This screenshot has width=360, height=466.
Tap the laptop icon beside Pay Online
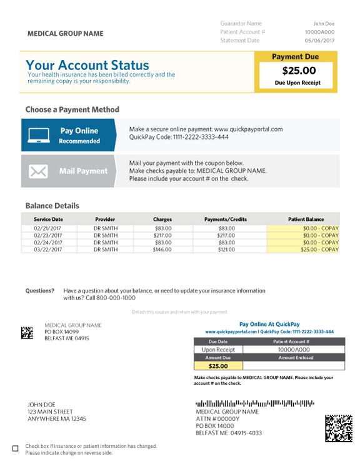(39, 135)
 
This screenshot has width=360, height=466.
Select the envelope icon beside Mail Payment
(39, 171)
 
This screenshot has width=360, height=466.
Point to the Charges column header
(162, 220)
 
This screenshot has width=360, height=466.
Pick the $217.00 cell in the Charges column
(162, 236)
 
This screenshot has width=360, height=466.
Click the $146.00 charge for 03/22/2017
(162, 250)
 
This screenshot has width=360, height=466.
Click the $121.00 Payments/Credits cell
(226, 250)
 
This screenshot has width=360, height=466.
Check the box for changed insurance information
(16, 448)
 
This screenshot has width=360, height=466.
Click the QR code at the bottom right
(338, 428)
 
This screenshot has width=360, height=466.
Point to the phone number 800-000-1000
(114, 298)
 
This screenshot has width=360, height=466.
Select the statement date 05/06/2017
(320, 41)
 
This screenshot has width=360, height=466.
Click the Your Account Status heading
(87, 65)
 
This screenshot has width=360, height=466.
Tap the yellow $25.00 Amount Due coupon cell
(218, 366)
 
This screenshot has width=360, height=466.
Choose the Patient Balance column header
(306, 220)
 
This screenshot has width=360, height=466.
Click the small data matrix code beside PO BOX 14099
(27, 333)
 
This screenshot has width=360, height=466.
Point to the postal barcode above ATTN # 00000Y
(254, 403)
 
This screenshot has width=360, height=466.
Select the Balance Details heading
(52, 205)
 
